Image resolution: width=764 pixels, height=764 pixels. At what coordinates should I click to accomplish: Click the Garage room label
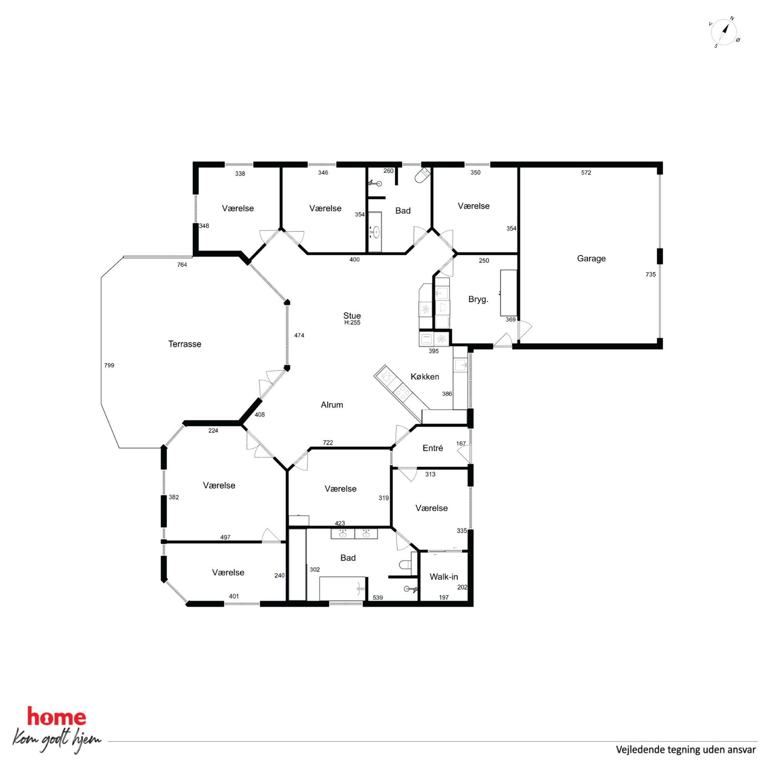click(591, 259)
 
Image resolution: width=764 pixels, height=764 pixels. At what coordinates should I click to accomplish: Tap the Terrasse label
click(185, 344)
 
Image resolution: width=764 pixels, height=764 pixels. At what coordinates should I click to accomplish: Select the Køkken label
click(425, 377)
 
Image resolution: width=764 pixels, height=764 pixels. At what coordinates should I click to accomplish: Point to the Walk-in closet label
click(444, 576)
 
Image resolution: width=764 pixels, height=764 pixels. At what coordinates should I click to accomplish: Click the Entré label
click(432, 448)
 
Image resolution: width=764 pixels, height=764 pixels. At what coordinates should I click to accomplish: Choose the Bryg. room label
click(478, 299)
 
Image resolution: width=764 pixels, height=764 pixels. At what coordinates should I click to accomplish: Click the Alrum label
click(332, 405)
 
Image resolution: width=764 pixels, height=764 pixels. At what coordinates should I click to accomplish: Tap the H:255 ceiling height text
click(352, 322)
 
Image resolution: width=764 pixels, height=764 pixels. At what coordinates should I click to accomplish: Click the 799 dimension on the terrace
click(109, 365)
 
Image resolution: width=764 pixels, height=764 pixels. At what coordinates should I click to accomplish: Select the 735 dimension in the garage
click(650, 275)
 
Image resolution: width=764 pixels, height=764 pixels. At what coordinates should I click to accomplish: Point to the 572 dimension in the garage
click(586, 173)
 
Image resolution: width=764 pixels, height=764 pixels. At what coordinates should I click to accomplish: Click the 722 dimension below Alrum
click(328, 442)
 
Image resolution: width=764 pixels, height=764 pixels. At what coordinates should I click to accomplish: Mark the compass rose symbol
click(724, 32)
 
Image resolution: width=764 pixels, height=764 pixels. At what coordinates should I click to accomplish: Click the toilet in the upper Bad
click(422, 175)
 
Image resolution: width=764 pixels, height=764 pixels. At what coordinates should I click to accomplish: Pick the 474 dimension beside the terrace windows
click(299, 335)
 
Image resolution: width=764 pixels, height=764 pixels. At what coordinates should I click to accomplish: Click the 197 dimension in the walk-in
click(444, 598)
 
